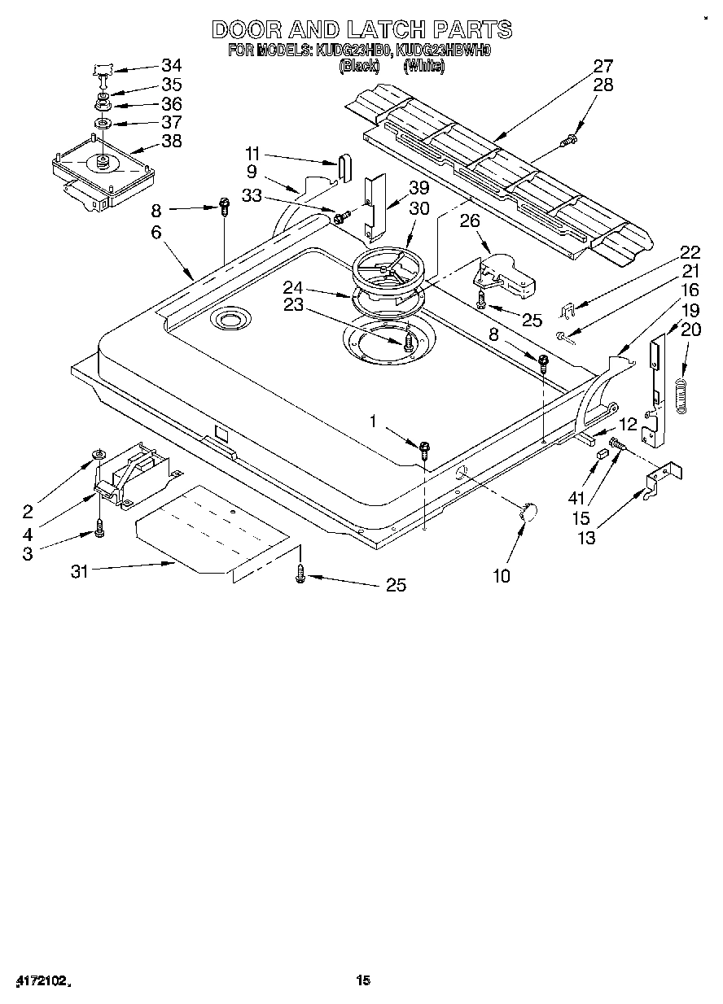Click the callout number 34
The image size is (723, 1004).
(x=171, y=66)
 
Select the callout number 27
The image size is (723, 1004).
(x=602, y=66)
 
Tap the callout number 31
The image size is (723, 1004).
(x=79, y=571)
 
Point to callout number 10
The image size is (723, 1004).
(x=502, y=576)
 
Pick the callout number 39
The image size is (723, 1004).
(x=418, y=187)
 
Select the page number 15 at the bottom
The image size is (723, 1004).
(x=363, y=981)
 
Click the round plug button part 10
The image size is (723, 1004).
(x=528, y=511)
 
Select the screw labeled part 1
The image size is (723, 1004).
(x=424, y=446)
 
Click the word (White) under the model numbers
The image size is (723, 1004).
(x=424, y=67)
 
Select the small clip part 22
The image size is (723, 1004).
(x=571, y=309)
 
